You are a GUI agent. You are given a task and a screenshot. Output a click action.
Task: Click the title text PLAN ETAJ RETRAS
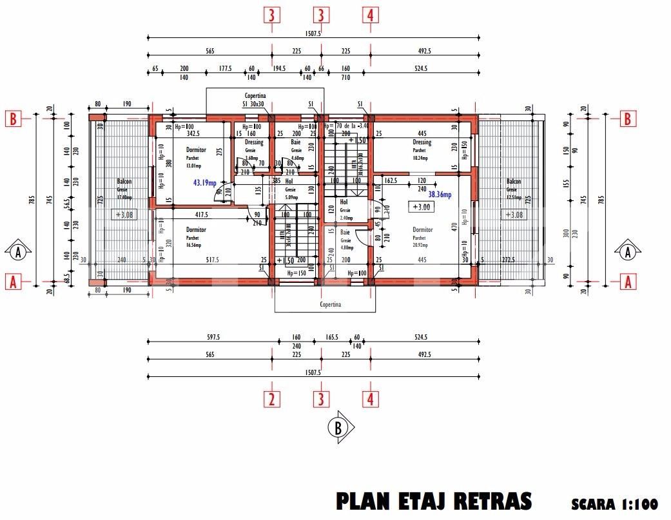pyautogui.click(x=434, y=501)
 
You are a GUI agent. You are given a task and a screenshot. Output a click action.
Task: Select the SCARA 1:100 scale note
pyautogui.click(x=614, y=504)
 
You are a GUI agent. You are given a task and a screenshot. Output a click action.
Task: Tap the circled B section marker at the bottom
pyautogui.click(x=339, y=427)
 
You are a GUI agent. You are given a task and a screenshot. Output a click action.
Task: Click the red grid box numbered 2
pyautogui.click(x=272, y=399)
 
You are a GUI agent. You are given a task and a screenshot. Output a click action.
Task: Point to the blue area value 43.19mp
pyautogui.click(x=206, y=183)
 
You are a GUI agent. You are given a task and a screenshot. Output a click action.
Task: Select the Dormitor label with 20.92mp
pyautogui.click(x=422, y=229)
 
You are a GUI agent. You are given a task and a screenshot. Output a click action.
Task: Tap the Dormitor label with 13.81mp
pyautogui.click(x=196, y=150)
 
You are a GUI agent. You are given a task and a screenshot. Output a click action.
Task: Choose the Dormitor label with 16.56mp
pyautogui.click(x=196, y=230)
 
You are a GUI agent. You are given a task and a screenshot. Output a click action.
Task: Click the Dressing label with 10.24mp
pyautogui.click(x=422, y=142)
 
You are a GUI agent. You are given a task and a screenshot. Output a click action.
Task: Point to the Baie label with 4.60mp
pyautogui.click(x=296, y=142)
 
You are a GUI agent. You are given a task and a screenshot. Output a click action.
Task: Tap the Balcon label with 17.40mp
pyautogui.click(x=124, y=182)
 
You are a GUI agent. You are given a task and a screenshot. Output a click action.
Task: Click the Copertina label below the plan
pyautogui.click(x=331, y=304)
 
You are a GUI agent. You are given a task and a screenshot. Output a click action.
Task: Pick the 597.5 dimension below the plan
pyautogui.click(x=213, y=337)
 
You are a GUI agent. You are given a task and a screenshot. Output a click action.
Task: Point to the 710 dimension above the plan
pyautogui.click(x=345, y=77)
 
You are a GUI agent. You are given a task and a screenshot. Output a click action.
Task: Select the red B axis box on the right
pyautogui.click(x=628, y=119)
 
